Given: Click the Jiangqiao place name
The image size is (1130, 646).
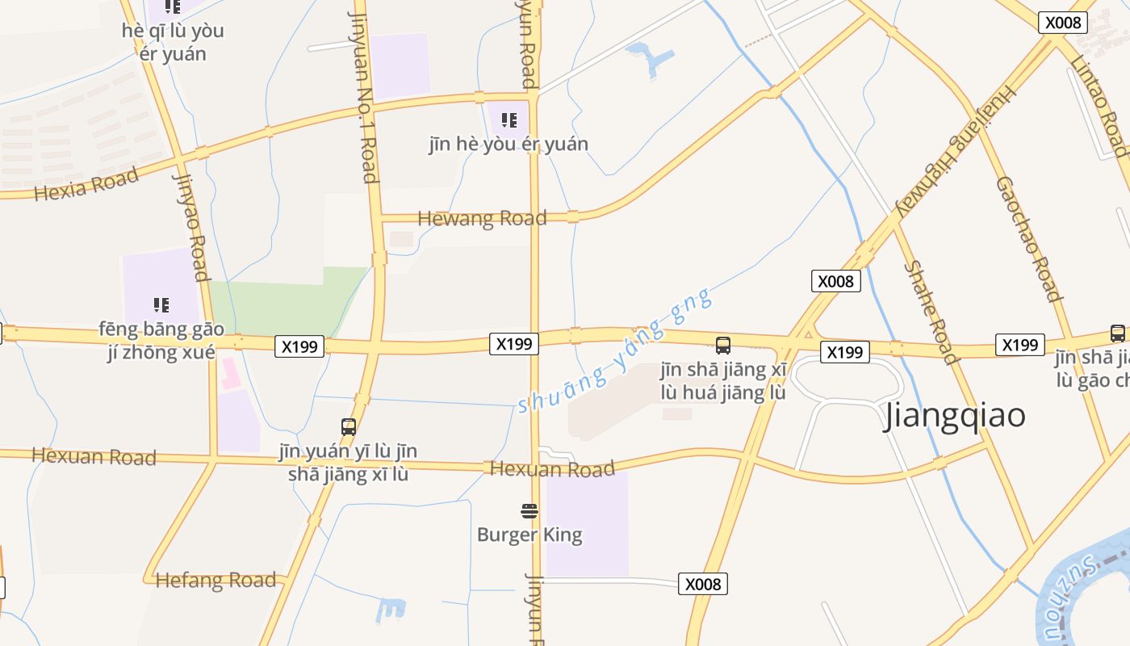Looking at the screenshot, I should [x=955, y=416].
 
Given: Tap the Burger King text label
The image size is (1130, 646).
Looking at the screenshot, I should [x=529, y=535].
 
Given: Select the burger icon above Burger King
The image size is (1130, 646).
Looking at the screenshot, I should [x=529, y=510].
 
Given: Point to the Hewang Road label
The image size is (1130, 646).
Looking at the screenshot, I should [x=482, y=218].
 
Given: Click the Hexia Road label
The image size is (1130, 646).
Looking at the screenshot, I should [x=86, y=183].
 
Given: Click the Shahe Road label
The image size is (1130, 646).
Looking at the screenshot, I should [x=931, y=312].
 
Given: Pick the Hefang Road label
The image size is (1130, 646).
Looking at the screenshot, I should [x=216, y=580].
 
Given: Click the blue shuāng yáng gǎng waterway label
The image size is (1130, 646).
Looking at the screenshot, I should [x=615, y=351].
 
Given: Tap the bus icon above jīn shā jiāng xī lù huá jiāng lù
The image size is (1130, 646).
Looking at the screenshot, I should [x=723, y=346].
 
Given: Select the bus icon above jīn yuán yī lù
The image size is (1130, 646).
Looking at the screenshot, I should [x=349, y=426].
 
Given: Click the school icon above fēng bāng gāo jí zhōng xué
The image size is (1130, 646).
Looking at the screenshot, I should [x=161, y=304].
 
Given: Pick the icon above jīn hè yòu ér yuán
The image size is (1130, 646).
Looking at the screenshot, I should [x=508, y=120].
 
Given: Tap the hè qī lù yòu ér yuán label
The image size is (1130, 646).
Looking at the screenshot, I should [x=173, y=42].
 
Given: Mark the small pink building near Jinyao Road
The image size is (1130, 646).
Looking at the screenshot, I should [x=230, y=373].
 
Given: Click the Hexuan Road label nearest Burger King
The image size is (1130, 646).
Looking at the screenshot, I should [x=552, y=468].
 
